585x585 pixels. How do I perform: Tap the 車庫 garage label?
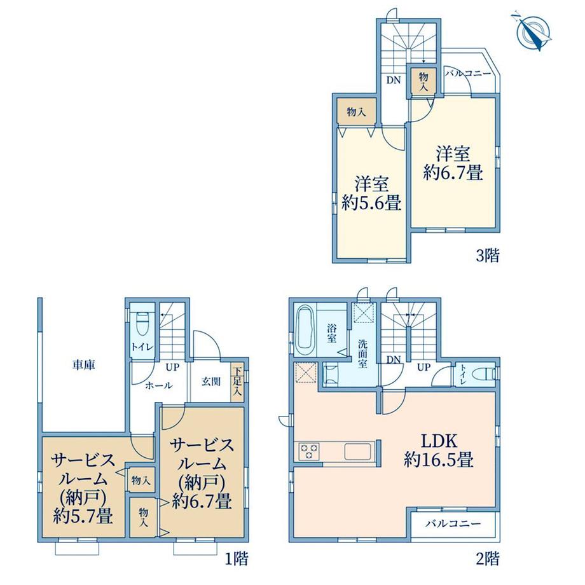(84, 365)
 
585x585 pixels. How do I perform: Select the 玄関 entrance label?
(211, 382)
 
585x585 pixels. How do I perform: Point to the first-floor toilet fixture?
(142, 324)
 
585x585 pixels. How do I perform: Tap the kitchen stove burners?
(308, 451)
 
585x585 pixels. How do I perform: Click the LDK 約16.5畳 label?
(439, 451)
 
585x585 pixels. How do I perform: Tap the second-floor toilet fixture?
(483, 374)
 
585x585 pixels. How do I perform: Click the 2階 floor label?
(488, 558)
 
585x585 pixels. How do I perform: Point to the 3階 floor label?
(488, 256)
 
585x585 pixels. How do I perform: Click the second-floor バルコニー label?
(453, 524)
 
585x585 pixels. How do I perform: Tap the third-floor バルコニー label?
(468, 74)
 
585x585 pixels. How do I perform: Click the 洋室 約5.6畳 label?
(371, 193)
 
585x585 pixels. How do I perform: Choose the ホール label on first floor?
(158, 385)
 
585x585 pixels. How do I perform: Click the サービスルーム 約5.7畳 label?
(83, 488)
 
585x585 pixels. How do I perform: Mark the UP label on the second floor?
(423, 367)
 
